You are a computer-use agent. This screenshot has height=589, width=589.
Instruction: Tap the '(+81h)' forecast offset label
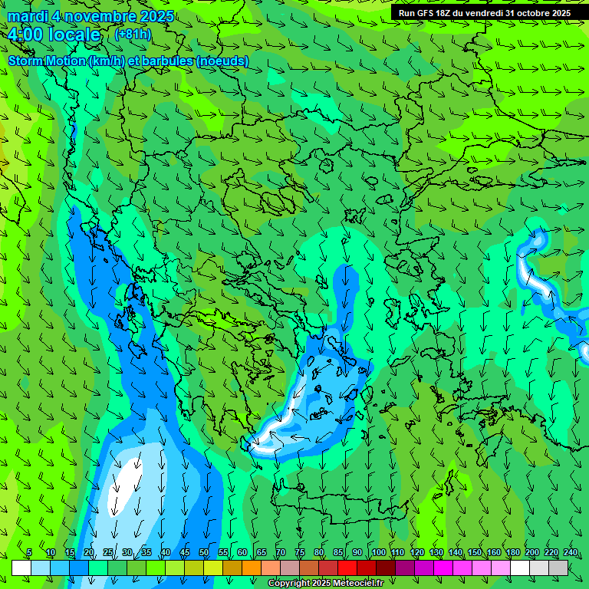pyautogui.click(x=133, y=34)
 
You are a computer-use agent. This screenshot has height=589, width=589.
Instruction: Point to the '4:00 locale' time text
pyautogui.click(x=54, y=35)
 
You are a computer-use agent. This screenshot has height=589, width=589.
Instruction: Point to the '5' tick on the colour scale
pyautogui.click(x=29, y=553)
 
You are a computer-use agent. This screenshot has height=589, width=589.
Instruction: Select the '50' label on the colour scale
pyautogui.click(x=204, y=553)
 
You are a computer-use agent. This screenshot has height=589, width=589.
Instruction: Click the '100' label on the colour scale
pyautogui.click(x=379, y=553)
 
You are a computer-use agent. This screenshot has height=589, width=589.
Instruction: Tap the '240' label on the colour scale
pyautogui.click(x=571, y=553)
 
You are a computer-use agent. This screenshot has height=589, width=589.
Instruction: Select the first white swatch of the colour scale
pyautogui.click(x=21, y=568)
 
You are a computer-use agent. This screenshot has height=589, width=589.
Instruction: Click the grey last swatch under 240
pyautogui.click(x=559, y=568)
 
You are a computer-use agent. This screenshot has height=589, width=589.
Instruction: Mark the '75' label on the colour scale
pyautogui.click(x=300, y=553)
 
